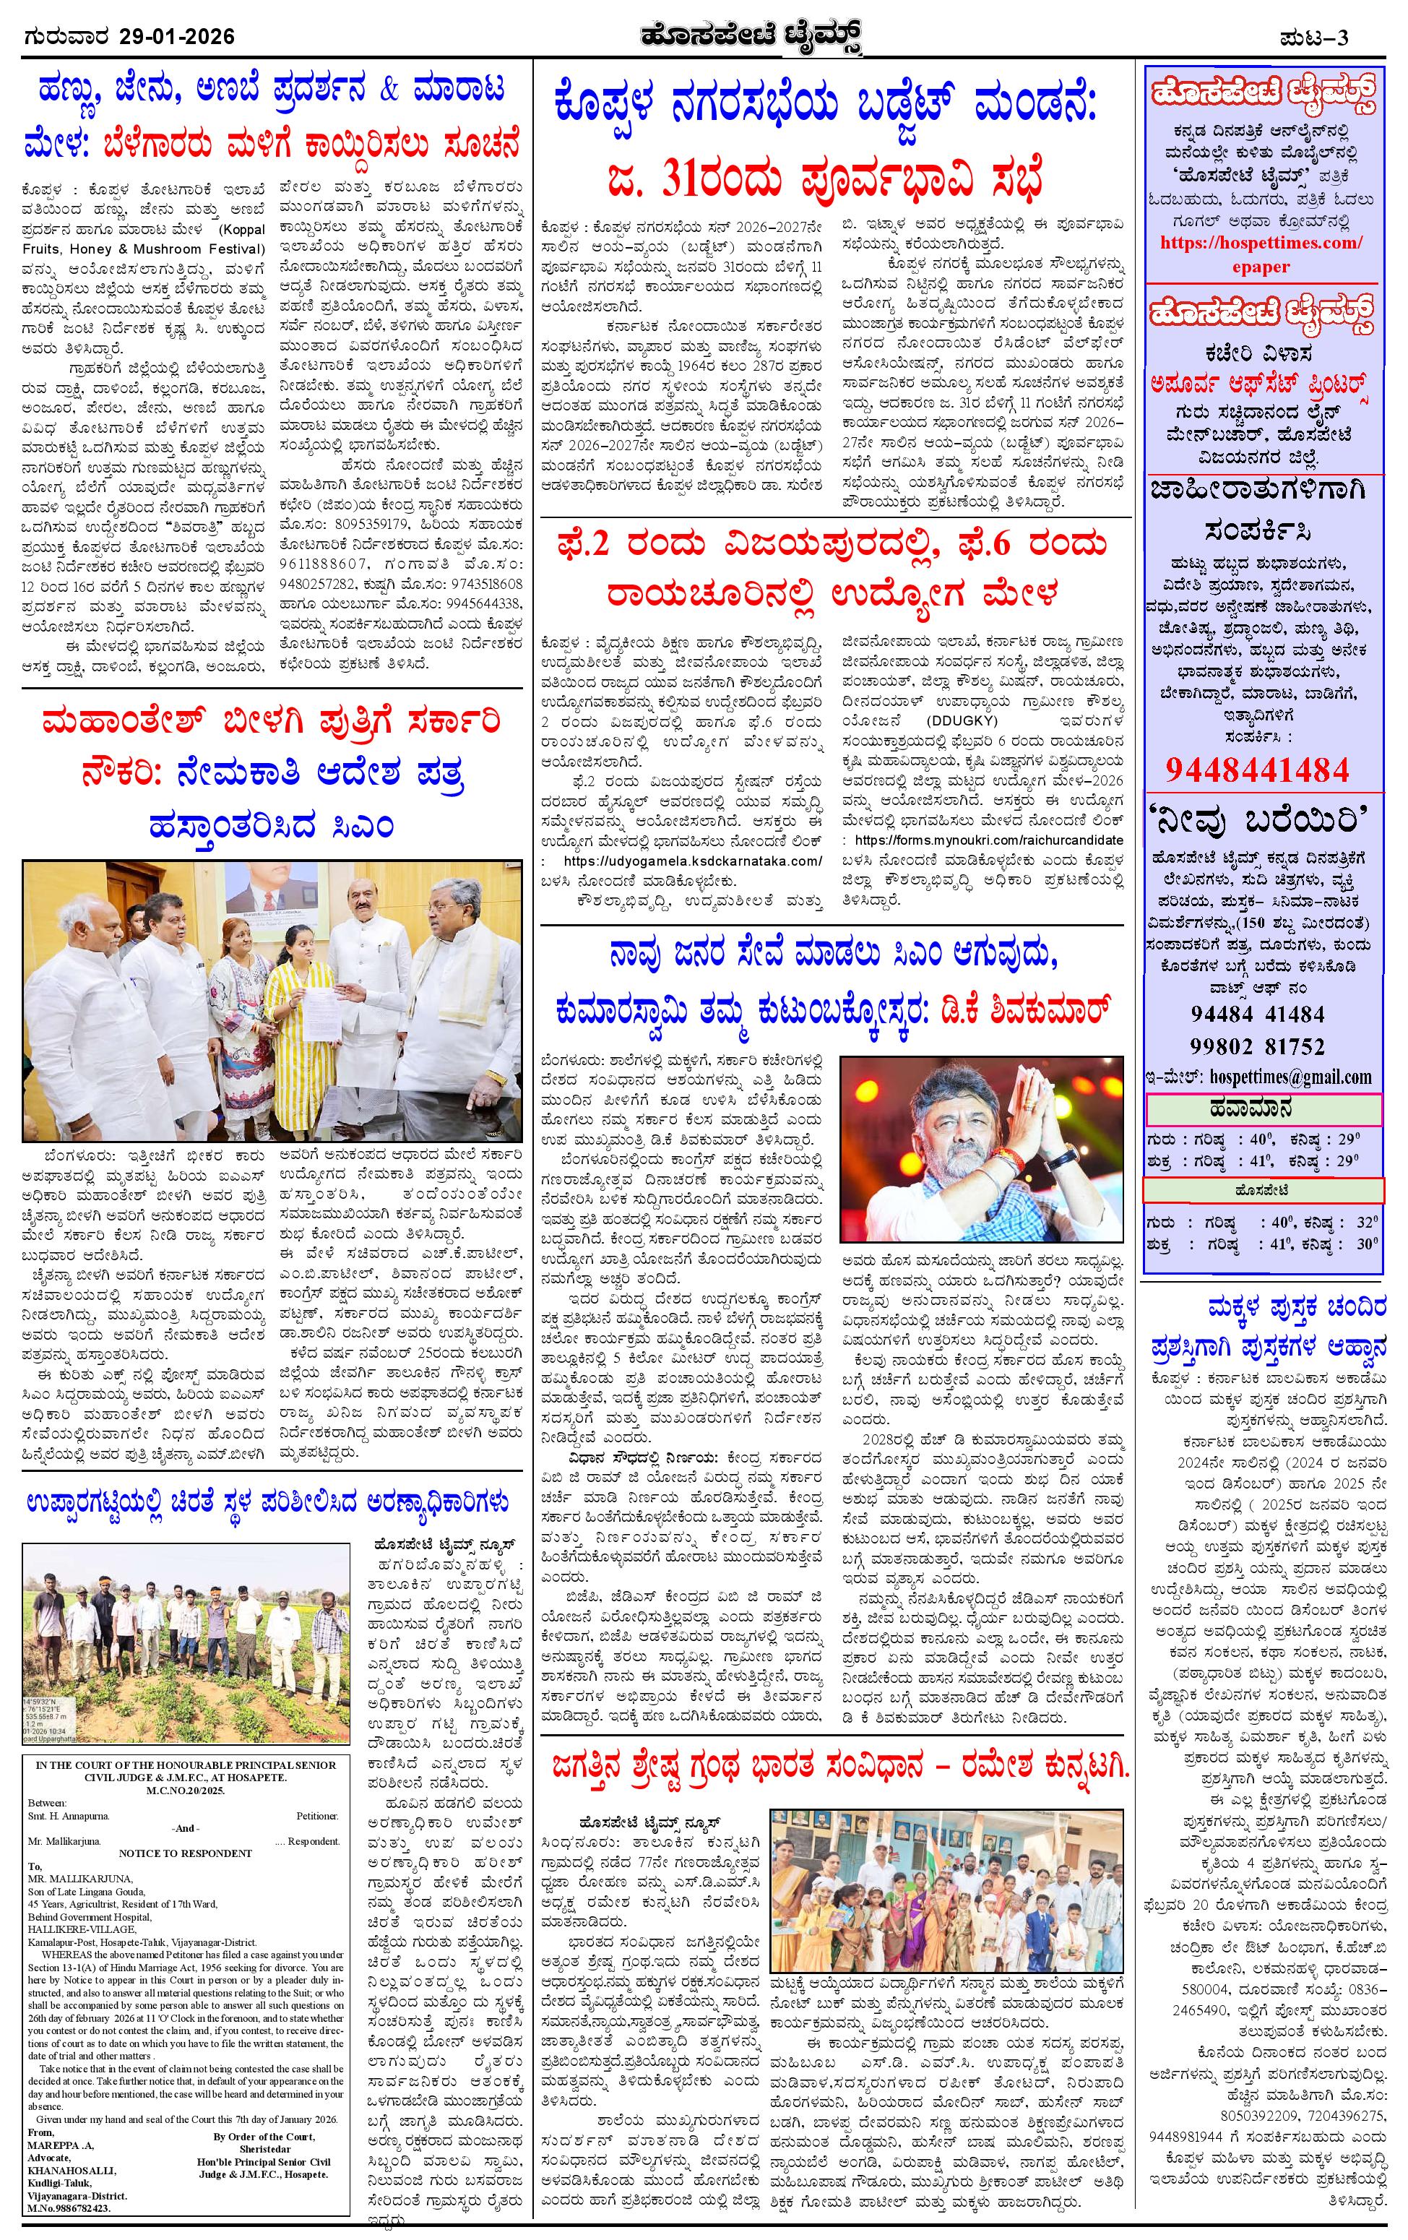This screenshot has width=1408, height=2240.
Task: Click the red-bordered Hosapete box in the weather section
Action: [x=1263, y=1189]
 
